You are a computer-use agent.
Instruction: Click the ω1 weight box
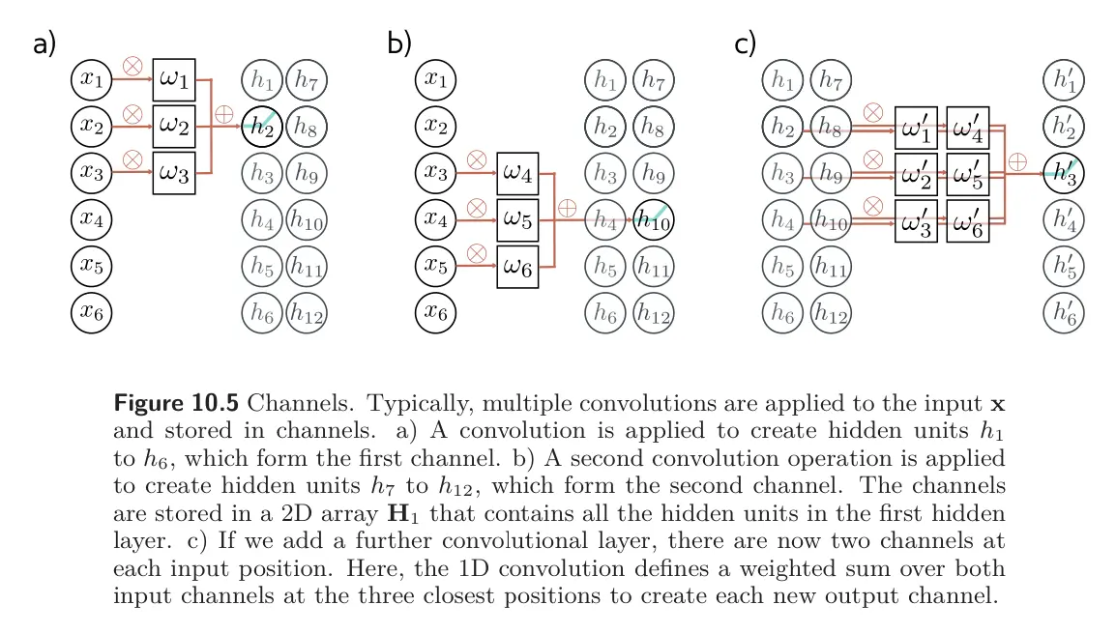coord(174,79)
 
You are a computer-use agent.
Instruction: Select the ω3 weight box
coord(174,173)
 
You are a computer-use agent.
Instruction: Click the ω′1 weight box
coord(916,127)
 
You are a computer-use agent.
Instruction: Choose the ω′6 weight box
coord(967,220)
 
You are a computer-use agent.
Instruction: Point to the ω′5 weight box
coord(967,174)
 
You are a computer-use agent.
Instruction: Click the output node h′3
coord(1065,174)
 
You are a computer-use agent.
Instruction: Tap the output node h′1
coord(1065,80)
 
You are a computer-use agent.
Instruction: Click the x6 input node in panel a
coord(91,312)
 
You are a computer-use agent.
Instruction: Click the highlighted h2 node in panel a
coord(261,127)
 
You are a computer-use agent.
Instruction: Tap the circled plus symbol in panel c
coord(1017,161)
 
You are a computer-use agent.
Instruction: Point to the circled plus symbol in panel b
coord(568,208)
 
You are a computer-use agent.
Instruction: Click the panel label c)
coord(746,43)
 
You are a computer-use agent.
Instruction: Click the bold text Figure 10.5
coord(170,401)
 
